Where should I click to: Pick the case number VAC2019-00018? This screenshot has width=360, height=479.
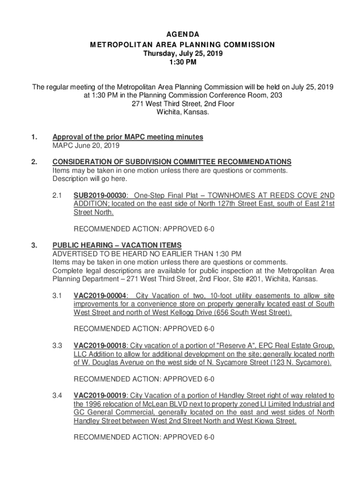pyautogui.click(x=100, y=346)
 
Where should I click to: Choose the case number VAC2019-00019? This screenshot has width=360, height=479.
pyautogui.click(x=100, y=396)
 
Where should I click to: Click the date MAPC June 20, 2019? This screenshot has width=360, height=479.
pyautogui.click(x=86, y=145)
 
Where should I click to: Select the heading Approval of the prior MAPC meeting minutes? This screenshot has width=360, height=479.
pyautogui.click(x=128, y=137)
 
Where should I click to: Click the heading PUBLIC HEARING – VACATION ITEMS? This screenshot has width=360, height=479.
pyautogui.click(x=117, y=245)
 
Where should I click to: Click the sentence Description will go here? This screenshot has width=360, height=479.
pyautogui.click(x=90, y=179)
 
